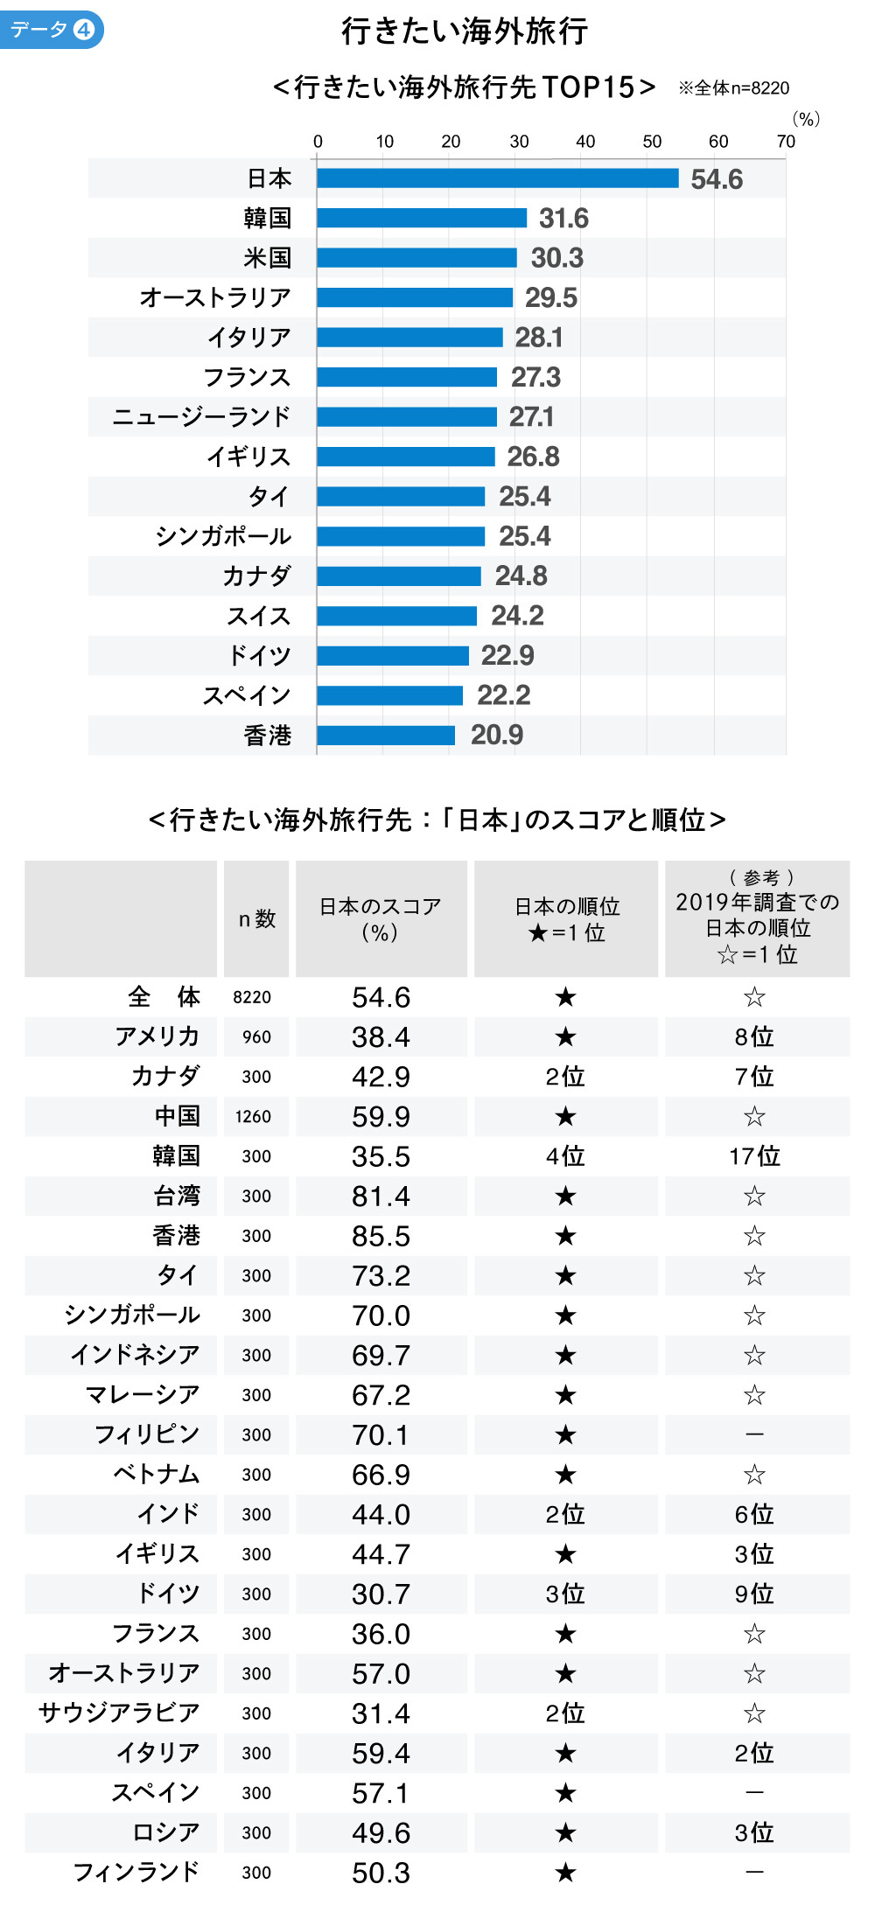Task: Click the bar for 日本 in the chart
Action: pyautogui.click(x=497, y=178)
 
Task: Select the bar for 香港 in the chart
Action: pyautogui.click(x=386, y=735)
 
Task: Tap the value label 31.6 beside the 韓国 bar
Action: pyautogui.click(x=563, y=218)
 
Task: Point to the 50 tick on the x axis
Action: pyautogui.click(x=652, y=142)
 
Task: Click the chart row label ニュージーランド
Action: pyautogui.click(x=201, y=416)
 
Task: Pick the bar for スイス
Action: pyautogui.click(x=396, y=616)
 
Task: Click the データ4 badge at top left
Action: pyautogui.click(x=52, y=30)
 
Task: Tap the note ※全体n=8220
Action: pyautogui.click(x=734, y=87)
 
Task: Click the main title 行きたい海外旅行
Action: pyautogui.click(x=465, y=31)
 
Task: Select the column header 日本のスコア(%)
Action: pyautogui.click(x=381, y=918)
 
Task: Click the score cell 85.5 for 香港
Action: pyautogui.click(x=381, y=1236)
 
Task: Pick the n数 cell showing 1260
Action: pyautogui.click(x=254, y=1116)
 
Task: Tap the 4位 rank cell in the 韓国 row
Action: pyautogui.click(x=565, y=1156)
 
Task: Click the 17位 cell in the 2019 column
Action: pyautogui.click(x=755, y=1156)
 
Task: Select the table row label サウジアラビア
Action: pyautogui.click(x=120, y=1713)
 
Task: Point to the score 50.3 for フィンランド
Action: pyautogui.click(x=381, y=1873)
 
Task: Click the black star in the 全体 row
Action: pyautogui.click(x=565, y=997)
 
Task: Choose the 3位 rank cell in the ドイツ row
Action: pyautogui.click(x=565, y=1594)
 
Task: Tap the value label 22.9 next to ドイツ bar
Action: pyautogui.click(x=507, y=655)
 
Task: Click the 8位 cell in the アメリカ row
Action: pyautogui.click(x=755, y=1036)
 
